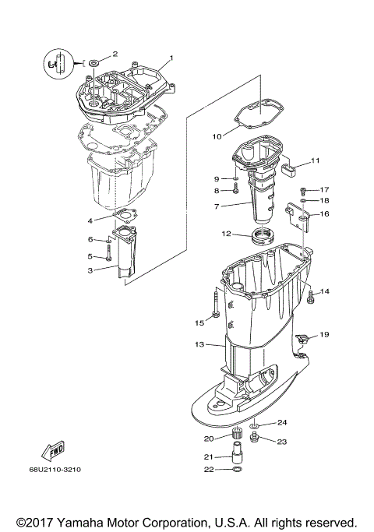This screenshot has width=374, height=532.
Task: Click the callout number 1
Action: click(171, 58)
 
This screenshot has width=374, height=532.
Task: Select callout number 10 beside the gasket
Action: click(217, 136)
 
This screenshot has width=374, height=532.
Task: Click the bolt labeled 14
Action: click(310, 294)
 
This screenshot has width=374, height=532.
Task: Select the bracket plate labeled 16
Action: click(299, 216)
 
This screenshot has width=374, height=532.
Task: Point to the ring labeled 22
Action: click(237, 470)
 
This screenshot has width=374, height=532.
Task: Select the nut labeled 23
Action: click(254, 439)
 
